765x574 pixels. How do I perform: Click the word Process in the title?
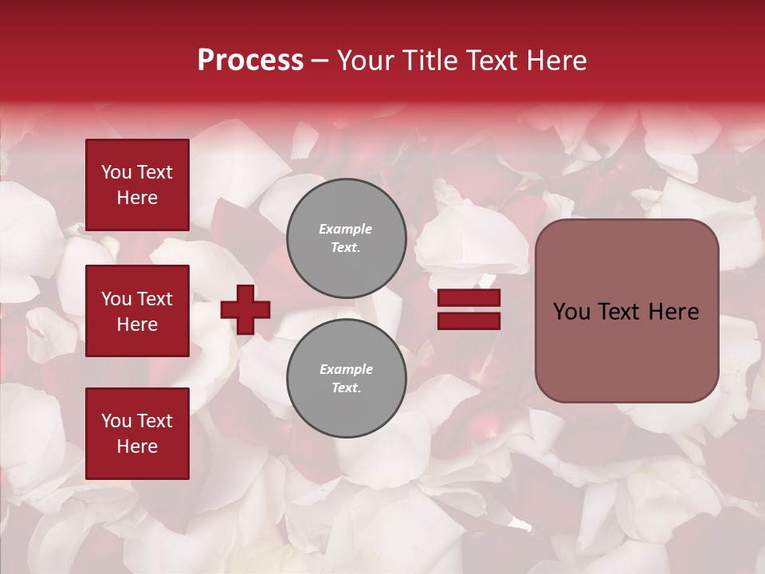[x=250, y=61]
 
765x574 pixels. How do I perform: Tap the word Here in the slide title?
[x=555, y=61]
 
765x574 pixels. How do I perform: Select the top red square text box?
[x=137, y=185]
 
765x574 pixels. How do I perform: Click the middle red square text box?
[x=137, y=311]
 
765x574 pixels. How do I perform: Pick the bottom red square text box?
[x=137, y=434]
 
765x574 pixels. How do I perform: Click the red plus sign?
[x=245, y=309]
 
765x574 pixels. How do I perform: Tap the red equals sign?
[x=469, y=309]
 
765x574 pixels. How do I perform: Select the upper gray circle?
[x=347, y=238]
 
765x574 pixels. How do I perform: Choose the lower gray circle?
[x=347, y=379]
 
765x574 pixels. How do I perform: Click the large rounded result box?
[x=626, y=311]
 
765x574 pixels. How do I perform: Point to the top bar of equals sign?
[x=469, y=298]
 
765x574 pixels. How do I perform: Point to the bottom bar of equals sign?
[x=469, y=320]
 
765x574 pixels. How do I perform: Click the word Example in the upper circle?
[x=346, y=229]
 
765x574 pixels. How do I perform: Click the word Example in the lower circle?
[x=346, y=369]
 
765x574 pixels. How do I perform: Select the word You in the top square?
[x=116, y=172]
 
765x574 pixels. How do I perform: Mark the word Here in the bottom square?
[x=137, y=446]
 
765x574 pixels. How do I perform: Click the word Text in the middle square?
[x=155, y=299]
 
